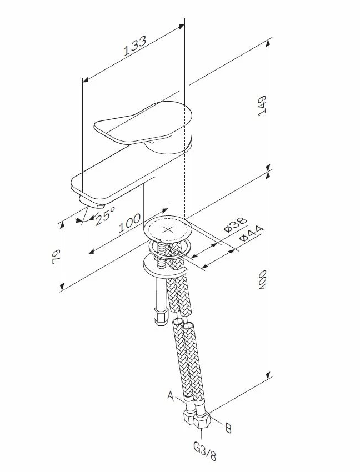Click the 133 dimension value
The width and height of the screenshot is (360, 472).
135,47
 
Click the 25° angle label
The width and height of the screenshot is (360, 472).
104,214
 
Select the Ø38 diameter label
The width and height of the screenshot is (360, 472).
234,225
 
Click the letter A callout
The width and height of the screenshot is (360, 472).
171,396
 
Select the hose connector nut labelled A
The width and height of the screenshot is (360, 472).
188,415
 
